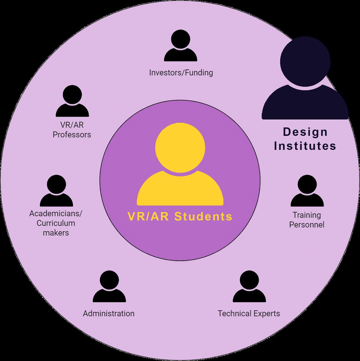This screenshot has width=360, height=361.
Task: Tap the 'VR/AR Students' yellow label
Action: point(180,217)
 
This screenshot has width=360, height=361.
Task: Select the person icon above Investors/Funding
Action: point(181,47)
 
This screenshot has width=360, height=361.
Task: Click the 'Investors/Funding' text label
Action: point(181,72)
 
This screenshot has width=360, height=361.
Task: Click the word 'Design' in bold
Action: point(305,132)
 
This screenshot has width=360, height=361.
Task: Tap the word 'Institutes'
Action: point(305,146)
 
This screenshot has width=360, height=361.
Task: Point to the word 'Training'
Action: point(307,215)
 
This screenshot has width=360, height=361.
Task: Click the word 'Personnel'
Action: point(307,225)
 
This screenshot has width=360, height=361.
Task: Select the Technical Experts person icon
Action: point(249,287)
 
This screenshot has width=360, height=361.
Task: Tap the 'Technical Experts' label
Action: point(249,314)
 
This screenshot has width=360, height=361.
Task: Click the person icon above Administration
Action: point(109,287)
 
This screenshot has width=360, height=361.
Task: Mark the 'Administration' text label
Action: point(109,314)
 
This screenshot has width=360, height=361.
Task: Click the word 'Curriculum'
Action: point(56,223)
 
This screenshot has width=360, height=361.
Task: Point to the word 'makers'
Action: point(56,233)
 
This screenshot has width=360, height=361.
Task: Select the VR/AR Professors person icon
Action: point(72,102)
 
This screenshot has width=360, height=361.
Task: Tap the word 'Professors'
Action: point(72,135)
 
